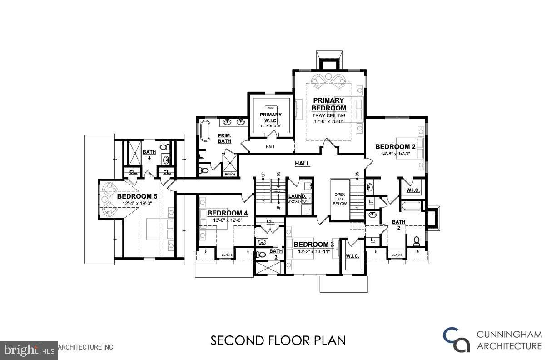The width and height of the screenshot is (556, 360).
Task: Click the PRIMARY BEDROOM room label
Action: (x=328, y=104)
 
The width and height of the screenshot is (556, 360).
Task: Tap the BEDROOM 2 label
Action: (x=395, y=147)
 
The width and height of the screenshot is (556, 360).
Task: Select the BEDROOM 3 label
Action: (x=313, y=245)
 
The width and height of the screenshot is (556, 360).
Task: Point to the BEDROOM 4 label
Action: (x=228, y=213)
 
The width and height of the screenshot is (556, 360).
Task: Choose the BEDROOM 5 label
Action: (x=137, y=196)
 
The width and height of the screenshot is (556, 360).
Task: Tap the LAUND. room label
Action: (x=298, y=196)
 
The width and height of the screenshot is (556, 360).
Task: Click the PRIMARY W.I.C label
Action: (x=271, y=117)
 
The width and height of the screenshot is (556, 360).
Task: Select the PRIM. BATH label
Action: (x=224, y=138)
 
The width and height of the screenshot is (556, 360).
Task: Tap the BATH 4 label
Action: (x=149, y=155)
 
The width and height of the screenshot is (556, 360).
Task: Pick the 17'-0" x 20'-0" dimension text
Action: (x=328, y=121)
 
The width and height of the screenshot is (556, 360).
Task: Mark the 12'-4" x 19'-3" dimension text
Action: (x=137, y=204)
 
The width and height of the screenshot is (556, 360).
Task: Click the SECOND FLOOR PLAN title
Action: (x=278, y=340)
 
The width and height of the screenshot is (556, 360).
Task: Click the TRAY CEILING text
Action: (x=328, y=115)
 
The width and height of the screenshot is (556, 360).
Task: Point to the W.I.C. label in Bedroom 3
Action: (x=352, y=256)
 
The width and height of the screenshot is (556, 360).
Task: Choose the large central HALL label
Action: (x=302, y=164)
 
